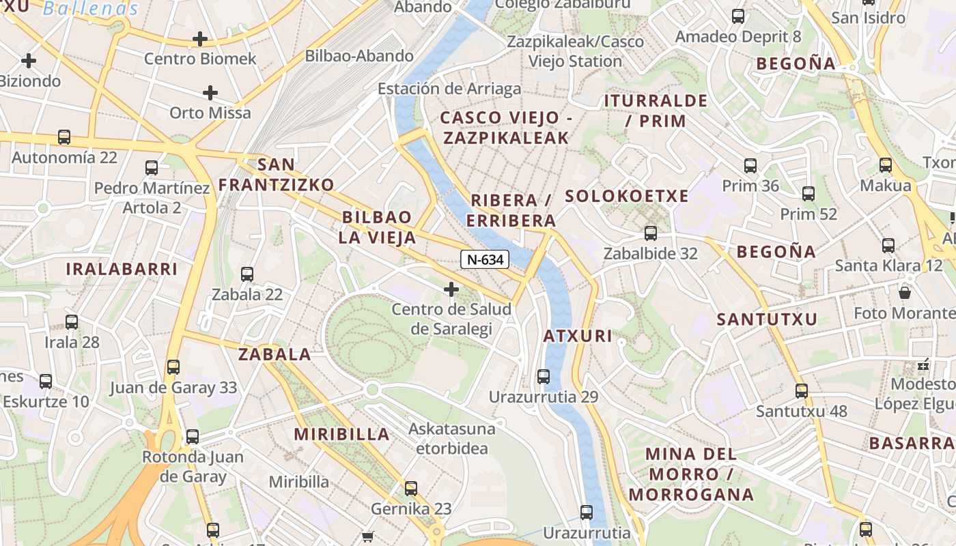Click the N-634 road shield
point(485,259)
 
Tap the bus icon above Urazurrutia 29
point(544,376)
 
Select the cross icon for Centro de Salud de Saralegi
point(451,289)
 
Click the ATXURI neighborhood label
point(578,336)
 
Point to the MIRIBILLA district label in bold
point(341,434)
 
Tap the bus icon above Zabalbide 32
point(651,233)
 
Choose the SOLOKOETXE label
point(627,197)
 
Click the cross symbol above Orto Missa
point(210,92)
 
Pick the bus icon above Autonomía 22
point(64,137)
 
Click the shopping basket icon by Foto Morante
point(905,293)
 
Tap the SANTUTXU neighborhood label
point(767,319)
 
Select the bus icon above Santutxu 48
point(802,391)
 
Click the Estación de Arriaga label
point(449,89)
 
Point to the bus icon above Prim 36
point(750,165)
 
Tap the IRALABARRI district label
point(122,269)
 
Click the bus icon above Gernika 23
point(411,489)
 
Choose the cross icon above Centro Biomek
point(200,39)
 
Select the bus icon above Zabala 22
point(247,274)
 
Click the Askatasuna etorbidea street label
point(451,439)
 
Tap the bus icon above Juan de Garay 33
point(173,367)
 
